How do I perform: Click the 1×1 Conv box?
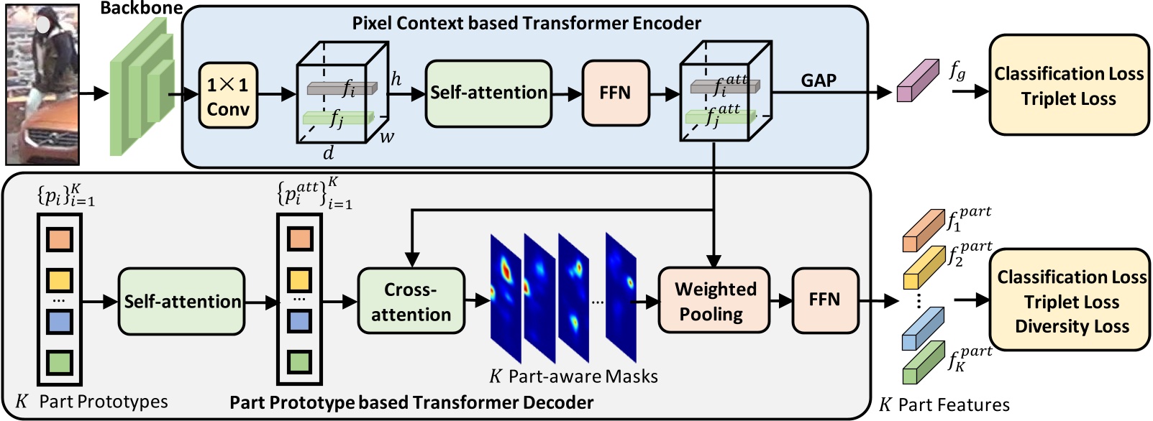point(228,96)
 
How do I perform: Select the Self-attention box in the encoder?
point(488,93)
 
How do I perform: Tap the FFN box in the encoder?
point(615,93)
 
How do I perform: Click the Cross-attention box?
point(411,301)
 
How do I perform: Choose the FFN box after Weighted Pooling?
point(824,300)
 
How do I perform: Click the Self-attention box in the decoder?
point(181,301)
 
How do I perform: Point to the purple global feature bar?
point(918,81)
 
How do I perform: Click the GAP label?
point(819,80)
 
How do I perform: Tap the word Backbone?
point(141,9)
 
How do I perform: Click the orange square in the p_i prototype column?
point(59,239)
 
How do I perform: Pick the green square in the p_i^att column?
point(299,361)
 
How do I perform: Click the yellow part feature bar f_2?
point(923,268)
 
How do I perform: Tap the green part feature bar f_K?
point(923,364)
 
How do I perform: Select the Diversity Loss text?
point(1072,327)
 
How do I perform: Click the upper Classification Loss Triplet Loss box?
point(1069,85)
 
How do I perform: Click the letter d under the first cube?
point(328,153)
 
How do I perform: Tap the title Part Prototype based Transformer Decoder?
point(411,402)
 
